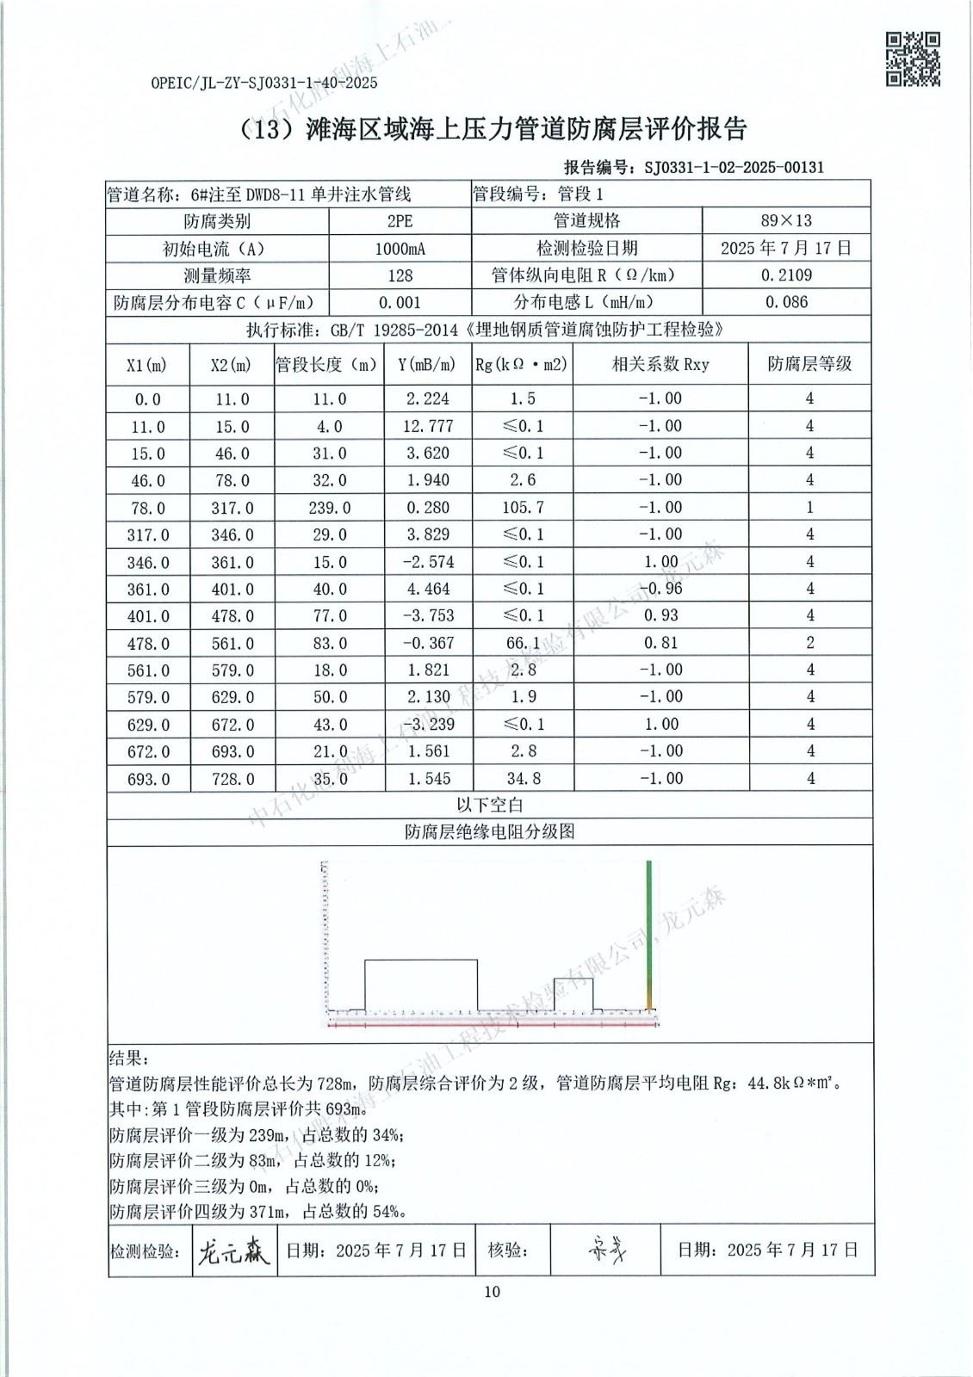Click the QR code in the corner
click(913, 59)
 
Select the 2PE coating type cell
click(400, 221)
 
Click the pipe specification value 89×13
click(787, 221)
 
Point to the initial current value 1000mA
click(400, 249)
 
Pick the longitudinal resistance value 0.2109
click(787, 275)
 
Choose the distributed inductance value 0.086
click(787, 302)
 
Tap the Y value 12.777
click(425, 426)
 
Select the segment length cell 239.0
click(329, 508)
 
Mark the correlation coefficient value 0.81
click(660, 643)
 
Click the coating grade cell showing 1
click(809, 508)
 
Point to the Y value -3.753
click(425, 616)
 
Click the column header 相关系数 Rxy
click(660, 365)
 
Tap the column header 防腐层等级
click(809, 364)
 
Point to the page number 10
click(492, 1291)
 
